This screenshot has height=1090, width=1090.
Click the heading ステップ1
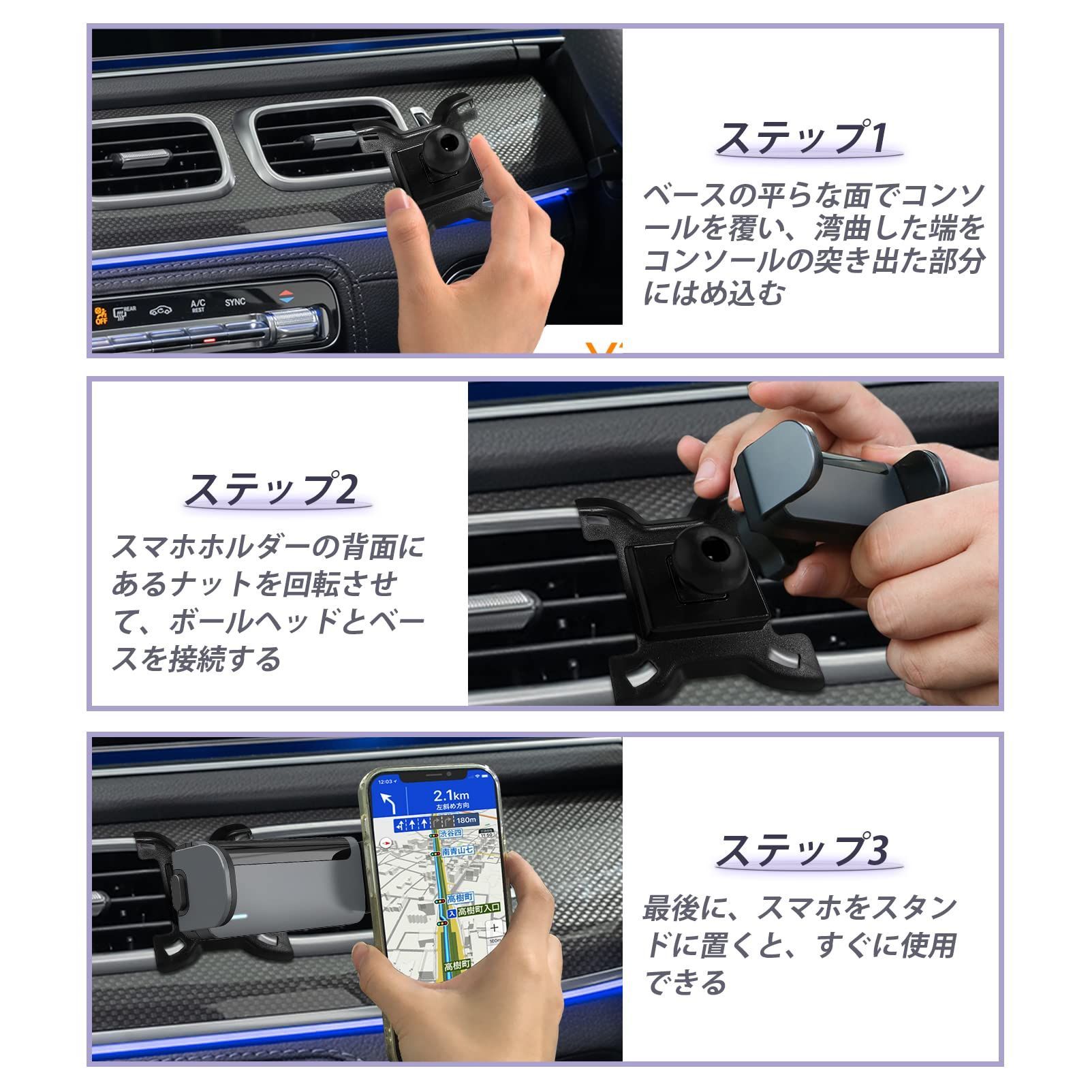pos(801,138)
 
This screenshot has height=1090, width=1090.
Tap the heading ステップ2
pos(270,489)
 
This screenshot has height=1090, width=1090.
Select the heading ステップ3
pos(801,850)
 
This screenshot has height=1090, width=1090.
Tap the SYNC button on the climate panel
pos(235,302)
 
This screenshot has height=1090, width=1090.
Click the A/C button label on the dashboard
pos(198,305)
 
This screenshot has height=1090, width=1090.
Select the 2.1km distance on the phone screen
pos(451,795)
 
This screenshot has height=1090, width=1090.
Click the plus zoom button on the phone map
pos(494,928)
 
